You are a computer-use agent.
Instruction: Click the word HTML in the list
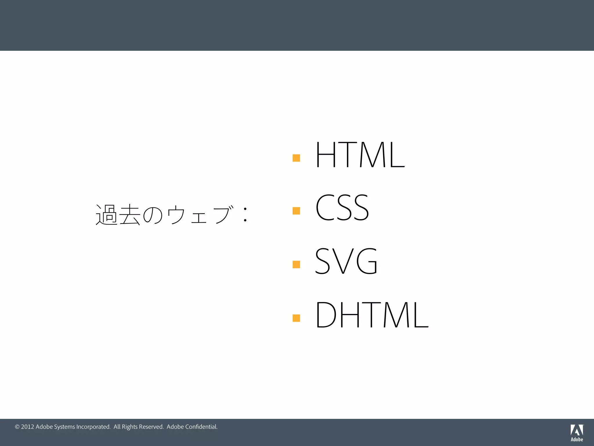tap(360, 154)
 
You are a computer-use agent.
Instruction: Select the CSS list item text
tap(342, 207)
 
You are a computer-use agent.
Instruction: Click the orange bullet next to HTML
tap(296, 158)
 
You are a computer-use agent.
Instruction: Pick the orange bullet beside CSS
tap(296, 211)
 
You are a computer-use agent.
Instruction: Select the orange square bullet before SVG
tap(296, 264)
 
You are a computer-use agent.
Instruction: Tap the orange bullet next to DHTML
tap(296, 318)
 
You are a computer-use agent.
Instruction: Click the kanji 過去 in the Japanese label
tap(118, 215)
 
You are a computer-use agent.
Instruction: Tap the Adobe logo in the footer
tap(577, 433)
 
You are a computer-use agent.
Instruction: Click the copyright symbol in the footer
tap(17, 427)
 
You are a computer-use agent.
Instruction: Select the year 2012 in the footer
tap(28, 427)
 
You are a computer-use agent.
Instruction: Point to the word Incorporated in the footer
tap(93, 427)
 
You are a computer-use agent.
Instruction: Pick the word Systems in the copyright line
tap(64, 427)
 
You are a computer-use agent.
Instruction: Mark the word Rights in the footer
tap(130, 427)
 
